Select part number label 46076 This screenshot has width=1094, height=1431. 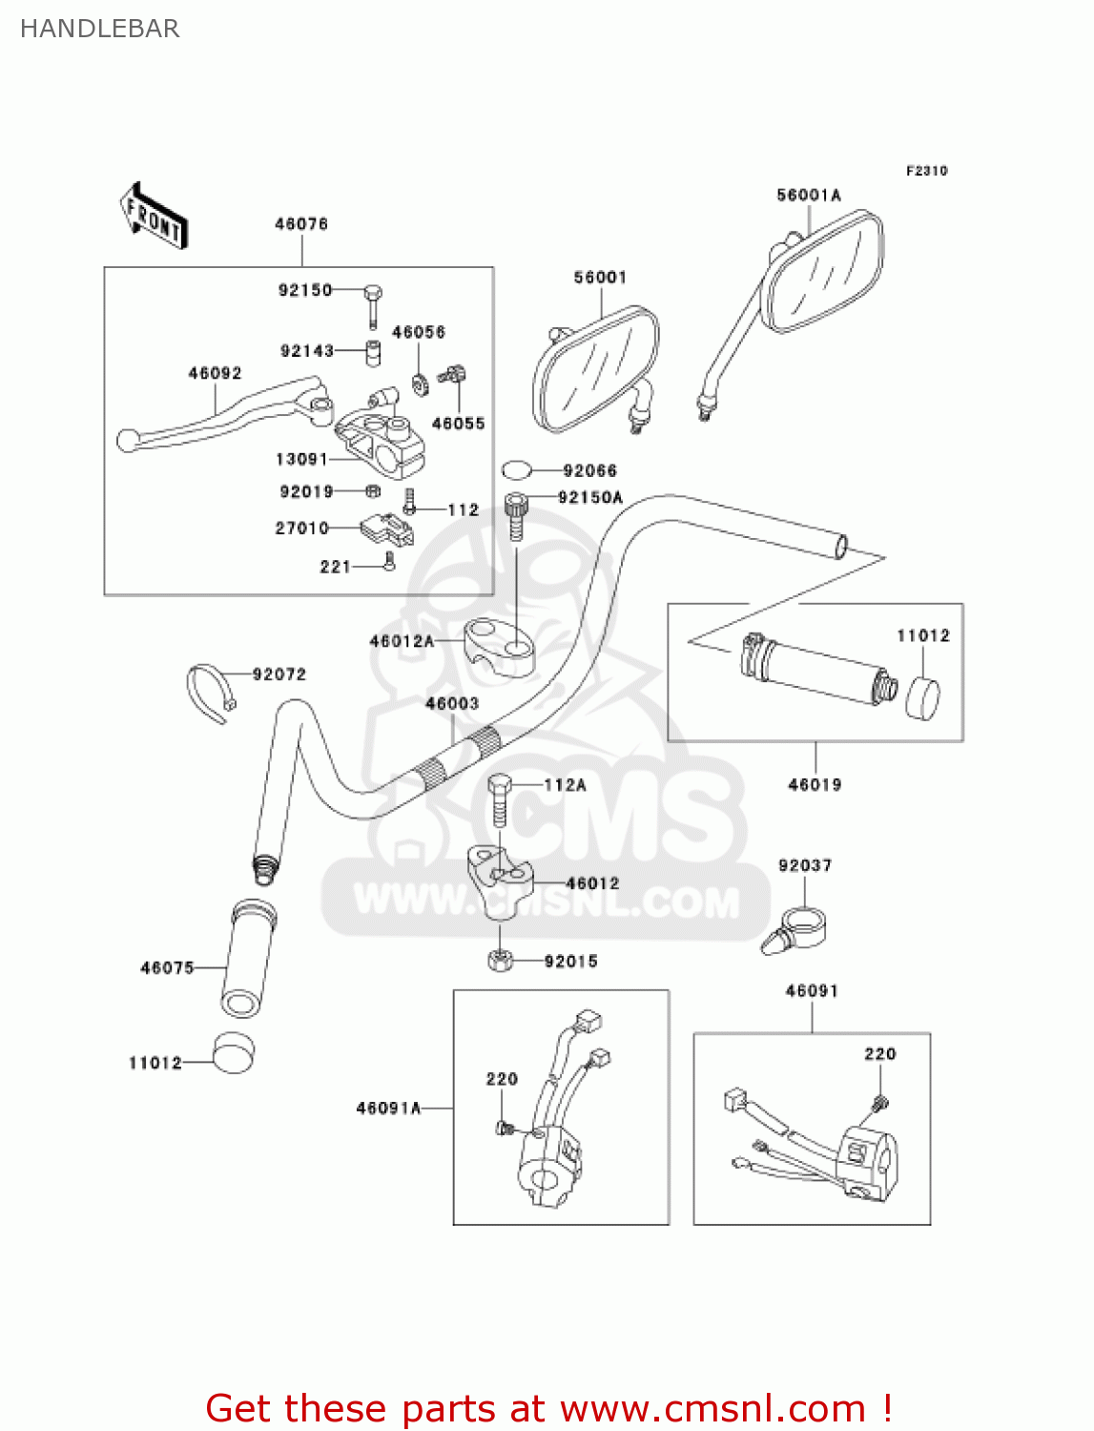(301, 224)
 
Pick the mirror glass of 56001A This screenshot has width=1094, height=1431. (825, 271)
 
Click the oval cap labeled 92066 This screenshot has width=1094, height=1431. (516, 470)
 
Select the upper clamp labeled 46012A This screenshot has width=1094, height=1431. (499, 645)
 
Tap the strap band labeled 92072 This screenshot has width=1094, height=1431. (210, 692)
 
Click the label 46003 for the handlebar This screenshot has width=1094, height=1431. (452, 704)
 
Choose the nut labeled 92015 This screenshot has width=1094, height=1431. (499, 961)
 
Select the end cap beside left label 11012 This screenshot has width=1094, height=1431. (233, 1053)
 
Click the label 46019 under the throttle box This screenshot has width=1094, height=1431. (815, 785)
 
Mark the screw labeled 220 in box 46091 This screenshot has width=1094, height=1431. (878, 1105)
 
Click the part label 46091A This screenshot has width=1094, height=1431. (388, 1109)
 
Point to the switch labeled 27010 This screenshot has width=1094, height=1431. (386, 530)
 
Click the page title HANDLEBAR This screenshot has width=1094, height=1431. (100, 29)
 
